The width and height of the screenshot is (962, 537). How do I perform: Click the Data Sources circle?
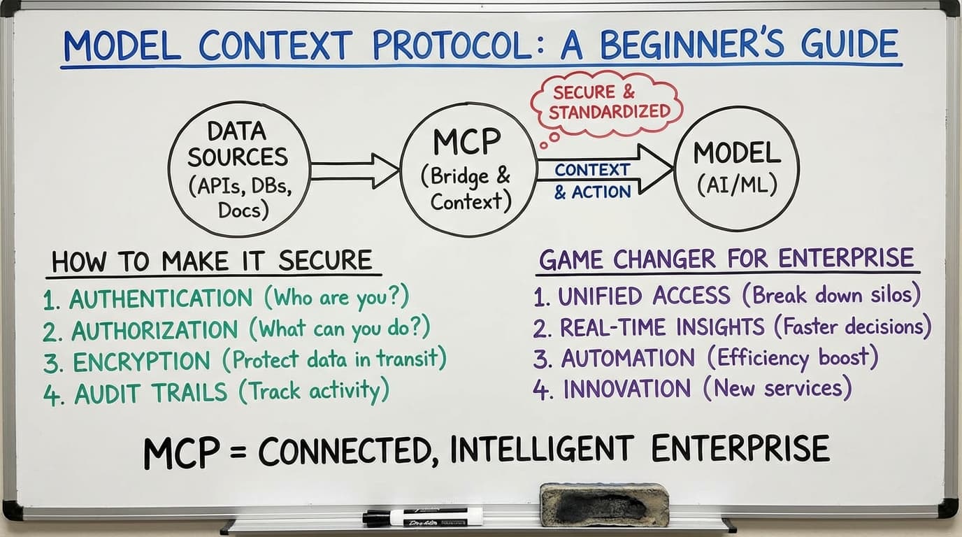click(238, 170)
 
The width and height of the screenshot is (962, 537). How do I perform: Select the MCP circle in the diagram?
click(467, 170)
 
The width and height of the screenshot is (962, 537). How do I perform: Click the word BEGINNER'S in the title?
click(699, 46)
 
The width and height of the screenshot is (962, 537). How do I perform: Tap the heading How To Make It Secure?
click(212, 262)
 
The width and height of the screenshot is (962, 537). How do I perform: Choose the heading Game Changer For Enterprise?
click(726, 259)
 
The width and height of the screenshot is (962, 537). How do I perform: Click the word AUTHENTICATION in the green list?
click(161, 299)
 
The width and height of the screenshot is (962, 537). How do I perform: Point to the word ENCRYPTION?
click(141, 361)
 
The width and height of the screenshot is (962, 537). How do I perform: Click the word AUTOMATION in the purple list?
click(628, 358)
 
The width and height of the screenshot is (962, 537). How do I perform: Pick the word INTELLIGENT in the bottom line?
click(543, 450)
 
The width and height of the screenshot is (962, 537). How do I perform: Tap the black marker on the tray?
click(423, 517)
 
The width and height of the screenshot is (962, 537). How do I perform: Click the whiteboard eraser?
click(604, 503)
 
